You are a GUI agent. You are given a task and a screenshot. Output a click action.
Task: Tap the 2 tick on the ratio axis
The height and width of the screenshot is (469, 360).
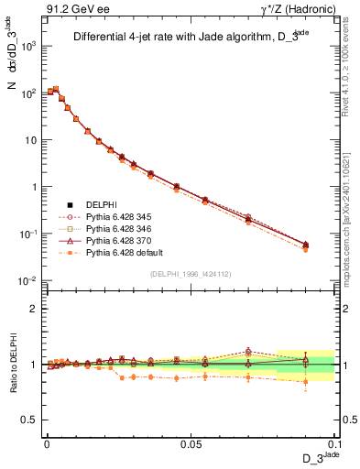coord(35,309)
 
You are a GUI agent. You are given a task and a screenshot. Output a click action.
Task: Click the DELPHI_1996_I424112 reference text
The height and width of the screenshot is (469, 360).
coord(190,272)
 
